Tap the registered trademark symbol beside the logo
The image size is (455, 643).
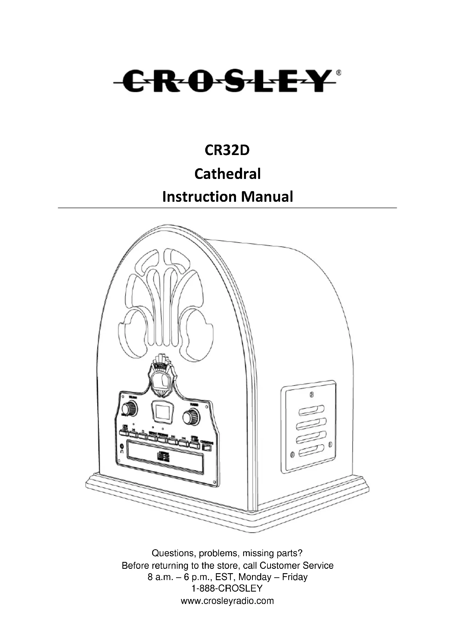(x=338, y=73)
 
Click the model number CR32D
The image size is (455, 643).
(x=227, y=150)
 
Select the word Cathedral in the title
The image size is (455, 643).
(x=227, y=174)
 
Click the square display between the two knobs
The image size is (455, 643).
(x=161, y=411)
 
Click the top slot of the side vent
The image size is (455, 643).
(x=311, y=410)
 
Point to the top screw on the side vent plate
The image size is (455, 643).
(x=312, y=395)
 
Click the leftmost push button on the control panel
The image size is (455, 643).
(x=123, y=433)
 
